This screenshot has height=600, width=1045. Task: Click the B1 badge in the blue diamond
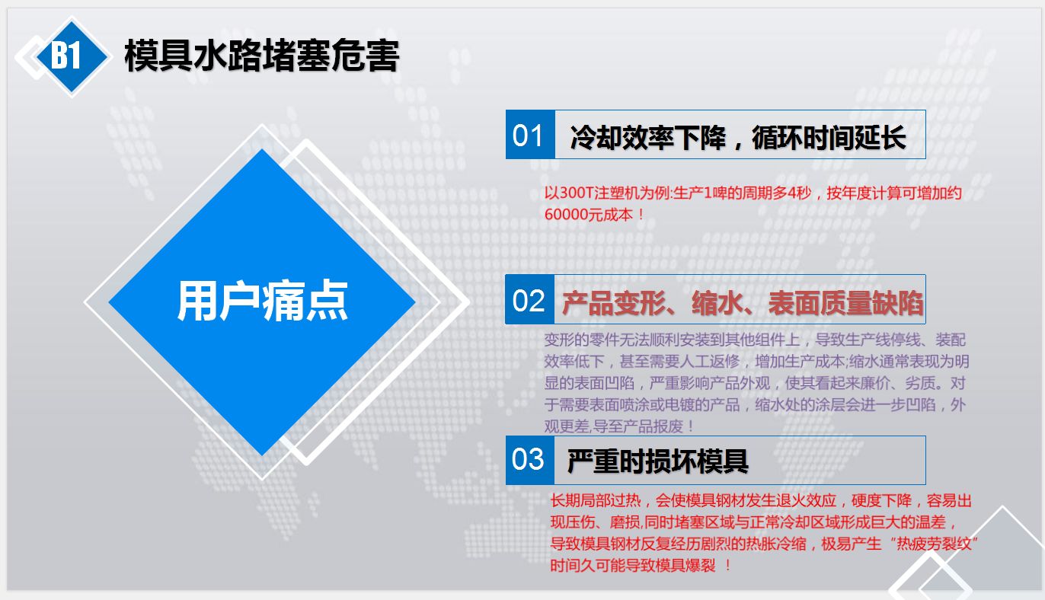pyautogui.click(x=66, y=55)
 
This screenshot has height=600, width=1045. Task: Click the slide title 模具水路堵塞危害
pyautogui.click(x=262, y=56)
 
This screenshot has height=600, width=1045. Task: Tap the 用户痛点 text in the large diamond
pyautogui.click(x=262, y=301)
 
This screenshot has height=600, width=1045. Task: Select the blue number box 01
pyautogui.click(x=530, y=134)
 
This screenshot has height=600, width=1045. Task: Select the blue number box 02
pyautogui.click(x=529, y=299)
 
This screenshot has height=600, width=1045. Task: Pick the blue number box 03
pyautogui.click(x=530, y=460)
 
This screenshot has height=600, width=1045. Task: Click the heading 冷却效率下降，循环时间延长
pyautogui.click(x=737, y=138)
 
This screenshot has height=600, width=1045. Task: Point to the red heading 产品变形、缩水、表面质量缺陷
pyautogui.click(x=742, y=303)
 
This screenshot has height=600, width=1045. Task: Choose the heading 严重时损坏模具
pyautogui.click(x=657, y=461)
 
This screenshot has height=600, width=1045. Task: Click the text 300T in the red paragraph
pyautogui.click(x=576, y=193)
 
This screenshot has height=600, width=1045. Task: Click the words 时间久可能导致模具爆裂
pyautogui.click(x=633, y=566)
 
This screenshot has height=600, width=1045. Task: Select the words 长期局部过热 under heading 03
pyautogui.click(x=596, y=501)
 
